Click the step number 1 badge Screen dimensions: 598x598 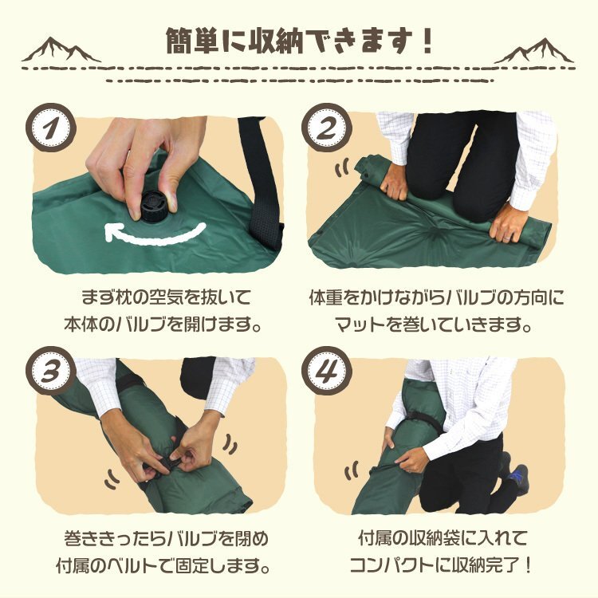(51, 128)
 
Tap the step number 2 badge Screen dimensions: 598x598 (326, 128)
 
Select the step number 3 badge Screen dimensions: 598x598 (51, 371)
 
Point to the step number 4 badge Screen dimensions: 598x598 (326, 371)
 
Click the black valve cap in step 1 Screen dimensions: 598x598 (151, 207)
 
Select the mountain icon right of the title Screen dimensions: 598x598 (534, 51)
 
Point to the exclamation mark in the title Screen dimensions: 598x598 (426, 41)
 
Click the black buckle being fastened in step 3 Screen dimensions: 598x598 (167, 465)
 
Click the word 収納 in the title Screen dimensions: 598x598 (276, 41)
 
